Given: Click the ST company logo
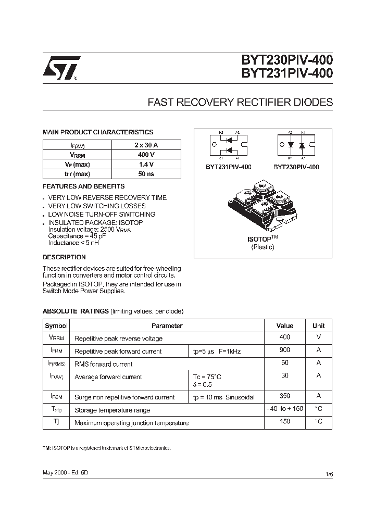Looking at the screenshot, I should [60, 68].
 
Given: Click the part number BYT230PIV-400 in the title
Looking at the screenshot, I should [286, 61].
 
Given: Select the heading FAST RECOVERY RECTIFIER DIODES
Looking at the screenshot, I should [240, 102].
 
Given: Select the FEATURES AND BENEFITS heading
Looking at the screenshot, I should [83, 186].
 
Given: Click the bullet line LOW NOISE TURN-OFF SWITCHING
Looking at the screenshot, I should [102, 214].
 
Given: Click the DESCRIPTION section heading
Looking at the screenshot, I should [64, 257].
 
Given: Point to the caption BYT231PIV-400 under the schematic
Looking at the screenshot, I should [228, 167].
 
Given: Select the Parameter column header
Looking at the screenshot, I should [167, 325].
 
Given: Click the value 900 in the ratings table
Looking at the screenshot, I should [285, 350].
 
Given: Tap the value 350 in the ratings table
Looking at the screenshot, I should [285, 396].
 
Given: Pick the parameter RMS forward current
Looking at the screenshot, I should [104, 364].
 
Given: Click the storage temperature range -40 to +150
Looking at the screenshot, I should [285, 409].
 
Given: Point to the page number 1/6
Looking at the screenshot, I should [329, 474].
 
